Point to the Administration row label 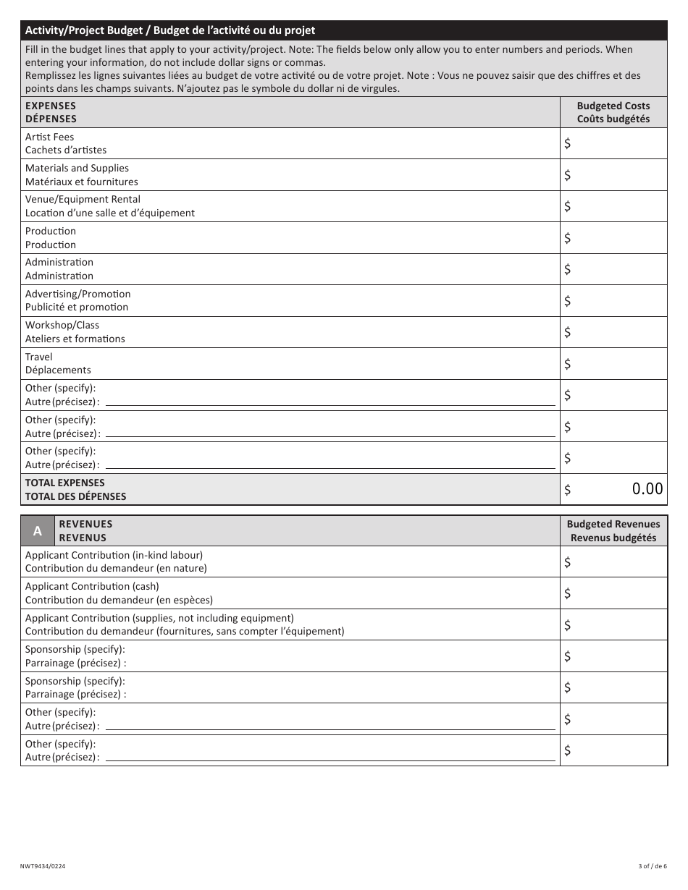(59, 269)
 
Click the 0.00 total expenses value (647, 489)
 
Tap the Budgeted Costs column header (613, 112)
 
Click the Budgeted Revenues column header (613, 530)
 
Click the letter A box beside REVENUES (38, 530)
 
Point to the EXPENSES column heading (51, 112)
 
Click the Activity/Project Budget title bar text (170, 30)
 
